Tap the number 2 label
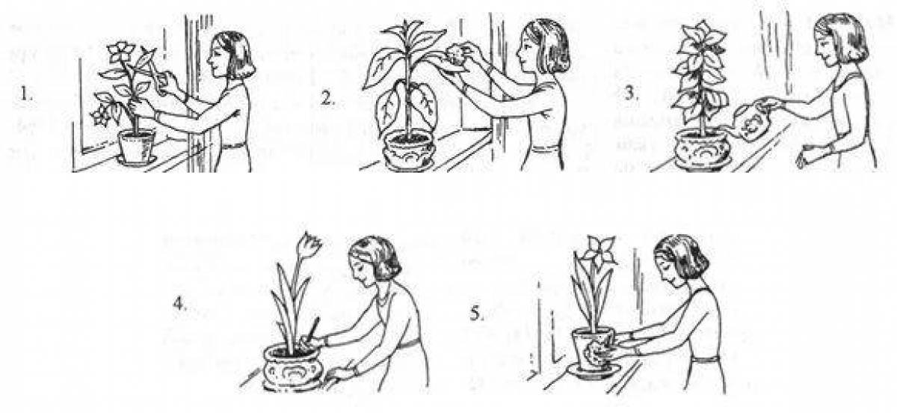coord(327,98)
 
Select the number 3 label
coord(632,94)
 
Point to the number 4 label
coord(180,304)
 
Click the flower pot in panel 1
coord(136,147)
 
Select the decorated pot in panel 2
coord(408,150)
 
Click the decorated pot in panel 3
coord(702,151)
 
